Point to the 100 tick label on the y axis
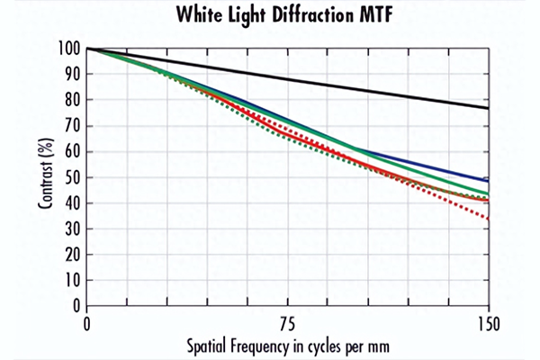tap(67, 49)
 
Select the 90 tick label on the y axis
tap(70, 75)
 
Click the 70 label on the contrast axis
tap(70, 126)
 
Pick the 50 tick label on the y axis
tap(70, 177)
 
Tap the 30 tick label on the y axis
tap(70, 229)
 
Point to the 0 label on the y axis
tap(74, 305)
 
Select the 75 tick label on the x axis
tap(288, 323)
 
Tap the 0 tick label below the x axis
tap(87, 323)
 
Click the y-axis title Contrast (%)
tap(44, 176)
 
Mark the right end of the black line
tap(489, 108)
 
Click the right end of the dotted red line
tap(489, 219)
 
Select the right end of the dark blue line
tap(489, 181)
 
